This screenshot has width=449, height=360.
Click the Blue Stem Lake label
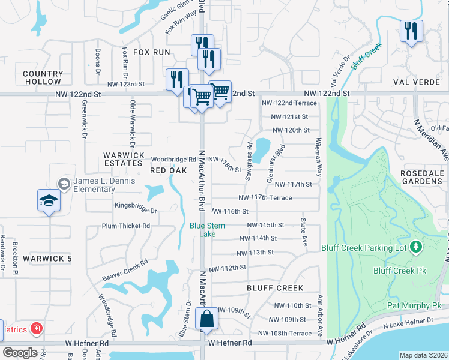pos(202,230)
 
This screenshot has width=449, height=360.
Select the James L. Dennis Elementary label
pos(94,185)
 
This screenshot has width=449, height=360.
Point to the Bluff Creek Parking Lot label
pos(364,247)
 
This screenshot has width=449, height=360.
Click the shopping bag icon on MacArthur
pos(206,320)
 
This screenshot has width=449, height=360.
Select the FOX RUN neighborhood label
pos(152,52)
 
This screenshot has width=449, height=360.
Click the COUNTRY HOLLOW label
pos(43,77)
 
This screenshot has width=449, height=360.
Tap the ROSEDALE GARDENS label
pos(422,177)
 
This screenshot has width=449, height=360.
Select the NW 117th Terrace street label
pos(265,197)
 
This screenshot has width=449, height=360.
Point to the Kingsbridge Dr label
pos(136,211)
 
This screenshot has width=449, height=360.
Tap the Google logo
pos(20,353)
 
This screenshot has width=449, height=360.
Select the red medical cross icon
pos(37,328)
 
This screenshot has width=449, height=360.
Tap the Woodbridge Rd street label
pos(173,160)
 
